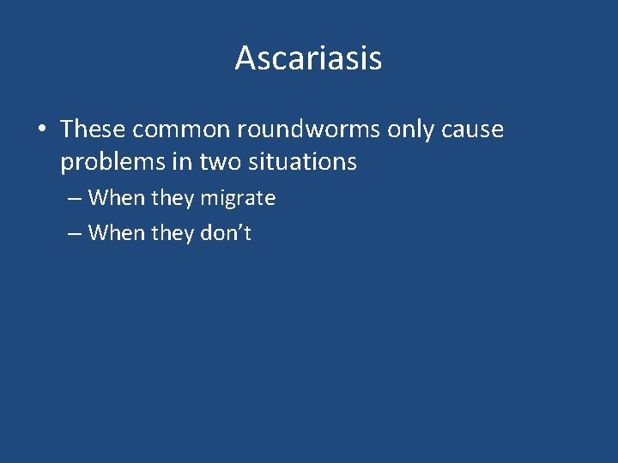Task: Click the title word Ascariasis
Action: (x=308, y=58)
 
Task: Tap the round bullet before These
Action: (x=41, y=130)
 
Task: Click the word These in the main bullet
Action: (x=92, y=129)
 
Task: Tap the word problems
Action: (x=114, y=161)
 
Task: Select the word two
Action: (x=220, y=160)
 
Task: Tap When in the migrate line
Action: (x=117, y=198)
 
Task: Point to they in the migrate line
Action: (x=173, y=198)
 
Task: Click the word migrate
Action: (x=238, y=198)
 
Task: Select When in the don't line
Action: (x=117, y=232)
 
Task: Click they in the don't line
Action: (x=173, y=232)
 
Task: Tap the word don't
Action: (x=225, y=232)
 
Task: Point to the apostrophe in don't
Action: (x=240, y=226)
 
